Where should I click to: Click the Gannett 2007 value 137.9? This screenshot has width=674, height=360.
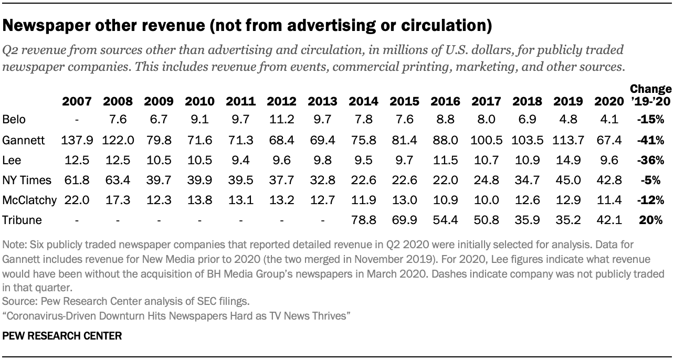click(x=77, y=140)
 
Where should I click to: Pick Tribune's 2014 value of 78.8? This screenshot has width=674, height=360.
click(x=363, y=220)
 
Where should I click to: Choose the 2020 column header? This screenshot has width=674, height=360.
click(x=609, y=101)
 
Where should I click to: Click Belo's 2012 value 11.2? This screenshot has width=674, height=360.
click(x=281, y=120)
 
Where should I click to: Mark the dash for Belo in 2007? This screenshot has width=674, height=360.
click(x=77, y=120)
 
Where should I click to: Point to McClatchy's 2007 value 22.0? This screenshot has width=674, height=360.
click(x=77, y=200)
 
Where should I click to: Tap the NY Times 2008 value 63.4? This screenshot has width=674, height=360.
click(x=118, y=180)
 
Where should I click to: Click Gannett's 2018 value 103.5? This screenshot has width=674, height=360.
click(x=526, y=140)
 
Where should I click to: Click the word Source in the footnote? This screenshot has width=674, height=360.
click(x=16, y=302)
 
